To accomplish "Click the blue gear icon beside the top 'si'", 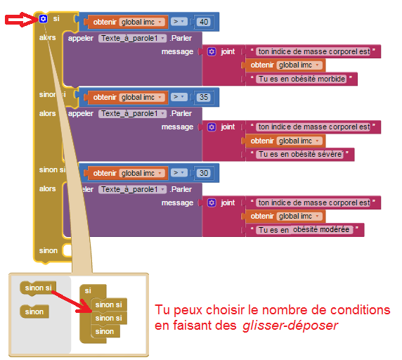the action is tap(43, 19).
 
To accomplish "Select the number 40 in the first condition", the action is tap(204, 22).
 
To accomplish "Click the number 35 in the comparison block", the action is tap(204, 97).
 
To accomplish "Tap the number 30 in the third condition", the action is tap(204, 173).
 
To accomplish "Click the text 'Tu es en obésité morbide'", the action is tap(301, 79).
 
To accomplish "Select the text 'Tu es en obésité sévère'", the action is tap(300, 154).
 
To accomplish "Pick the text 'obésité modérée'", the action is tap(321, 229).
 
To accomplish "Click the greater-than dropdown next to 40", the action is tap(179, 22).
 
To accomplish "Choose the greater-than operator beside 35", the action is tap(179, 97).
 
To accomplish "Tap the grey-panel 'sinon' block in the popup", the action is tap(34, 311).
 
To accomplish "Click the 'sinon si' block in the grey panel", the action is tap(38, 288).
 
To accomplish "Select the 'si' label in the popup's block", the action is tap(88, 291).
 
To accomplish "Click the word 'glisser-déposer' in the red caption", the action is tap(290, 326).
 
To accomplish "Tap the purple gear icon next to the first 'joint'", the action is tap(212, 51).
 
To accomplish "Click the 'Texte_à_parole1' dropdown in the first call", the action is tap(133, 38).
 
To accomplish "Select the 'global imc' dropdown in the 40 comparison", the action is tap(142, 22).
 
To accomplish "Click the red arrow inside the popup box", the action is tap(71, 302).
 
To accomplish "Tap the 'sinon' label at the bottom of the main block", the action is tap(48, 250).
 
